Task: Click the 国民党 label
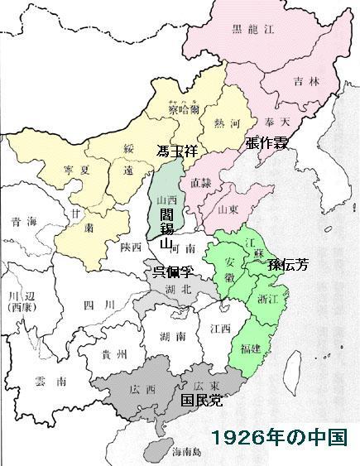[x=201, y=401]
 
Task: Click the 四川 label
[x=90, y=306]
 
